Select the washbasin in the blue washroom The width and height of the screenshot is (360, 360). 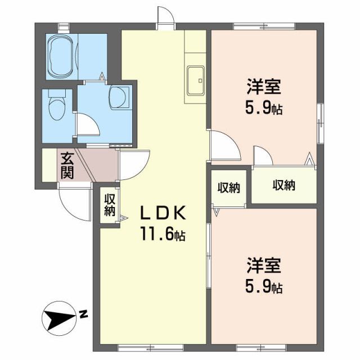(119, 96)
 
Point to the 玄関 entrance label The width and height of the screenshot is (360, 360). (67, 165)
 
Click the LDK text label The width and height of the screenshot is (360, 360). (163, 213)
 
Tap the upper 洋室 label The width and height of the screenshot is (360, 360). (263, 87)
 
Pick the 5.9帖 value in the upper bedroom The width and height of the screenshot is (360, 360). (263, 108)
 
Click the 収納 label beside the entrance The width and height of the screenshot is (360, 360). (109, 205)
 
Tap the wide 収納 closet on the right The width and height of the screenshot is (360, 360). (284, 185)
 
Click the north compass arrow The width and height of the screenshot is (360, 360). (60, 319)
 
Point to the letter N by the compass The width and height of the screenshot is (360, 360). (83, 314)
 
